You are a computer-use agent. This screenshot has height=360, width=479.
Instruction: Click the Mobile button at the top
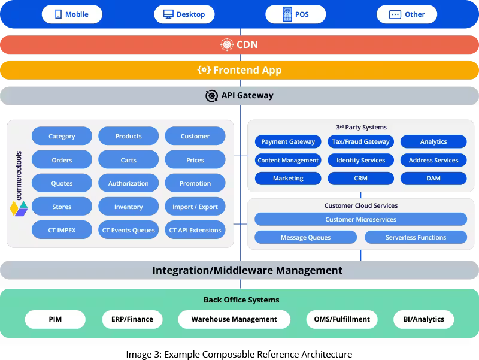[72, 14]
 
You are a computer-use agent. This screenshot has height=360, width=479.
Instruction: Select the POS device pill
[295, 14]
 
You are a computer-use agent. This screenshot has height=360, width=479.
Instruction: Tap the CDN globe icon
[227, 44]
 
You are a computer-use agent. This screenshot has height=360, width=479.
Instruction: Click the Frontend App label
[247, 70]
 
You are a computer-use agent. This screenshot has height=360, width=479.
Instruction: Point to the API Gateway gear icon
[211, 96]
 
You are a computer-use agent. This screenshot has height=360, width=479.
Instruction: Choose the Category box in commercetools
[62, 136]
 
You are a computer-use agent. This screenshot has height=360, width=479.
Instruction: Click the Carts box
[128, 160]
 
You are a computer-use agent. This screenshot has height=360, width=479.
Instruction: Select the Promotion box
[195, 183]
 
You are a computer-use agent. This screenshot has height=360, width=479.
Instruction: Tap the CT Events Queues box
[128, 230]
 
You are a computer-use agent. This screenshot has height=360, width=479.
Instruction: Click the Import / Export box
[195, 207]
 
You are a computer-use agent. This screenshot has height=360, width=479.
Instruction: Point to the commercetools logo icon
[19, 208]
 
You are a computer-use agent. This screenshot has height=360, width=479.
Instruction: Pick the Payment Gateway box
[288, 142]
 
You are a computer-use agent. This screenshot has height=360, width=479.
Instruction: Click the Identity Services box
[360, 160]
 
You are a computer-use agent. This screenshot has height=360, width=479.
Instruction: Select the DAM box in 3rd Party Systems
[433, 178]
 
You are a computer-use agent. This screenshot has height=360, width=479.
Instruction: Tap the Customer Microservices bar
[360, 219]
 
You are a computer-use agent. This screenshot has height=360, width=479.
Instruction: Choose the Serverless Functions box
[416, 237]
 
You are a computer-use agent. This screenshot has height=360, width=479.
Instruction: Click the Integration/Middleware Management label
[247, 270]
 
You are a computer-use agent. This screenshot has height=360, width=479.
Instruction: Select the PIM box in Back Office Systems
[55, 319]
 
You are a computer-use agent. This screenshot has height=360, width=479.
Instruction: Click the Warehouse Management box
[234, 319]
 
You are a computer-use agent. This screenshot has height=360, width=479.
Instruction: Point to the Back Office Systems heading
[241, 300]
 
